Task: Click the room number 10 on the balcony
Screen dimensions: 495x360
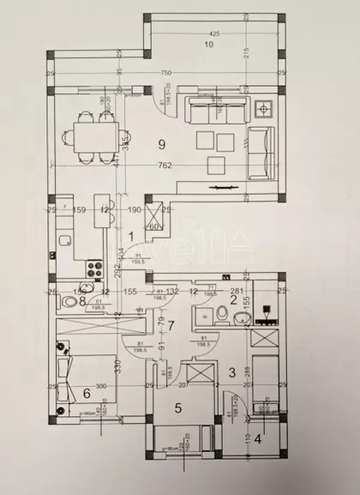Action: coord(208,43)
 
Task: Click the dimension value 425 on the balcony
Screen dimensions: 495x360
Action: coord(213,33)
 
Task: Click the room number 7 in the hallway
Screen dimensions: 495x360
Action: coord(171,324)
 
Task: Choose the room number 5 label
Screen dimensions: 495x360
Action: coord(178,408)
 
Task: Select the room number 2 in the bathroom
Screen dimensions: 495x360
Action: coord(233,299)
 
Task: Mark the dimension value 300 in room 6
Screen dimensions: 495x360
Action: coord(100,387)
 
